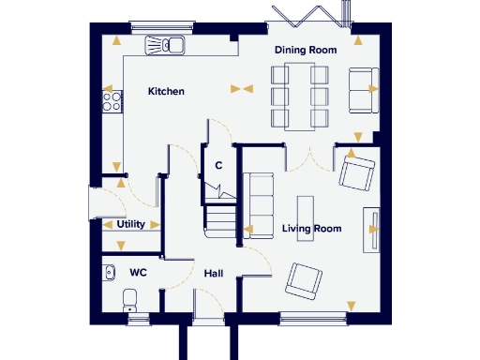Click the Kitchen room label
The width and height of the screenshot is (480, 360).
click(x=166, y=92)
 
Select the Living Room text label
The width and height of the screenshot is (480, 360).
click(x=311, y=229)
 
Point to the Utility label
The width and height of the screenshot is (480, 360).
click(x=129, y=225)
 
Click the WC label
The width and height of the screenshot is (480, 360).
click(x=138, y=273)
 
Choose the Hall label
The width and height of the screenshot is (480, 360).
click(x=213, y=274)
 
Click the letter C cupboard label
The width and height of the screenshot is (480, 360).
click(x=217, y=166)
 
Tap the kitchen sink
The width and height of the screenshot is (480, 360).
click(x=166, y=45)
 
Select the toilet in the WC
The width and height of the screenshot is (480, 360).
click(x=130, y=300)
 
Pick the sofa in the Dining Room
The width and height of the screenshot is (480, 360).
click(x=362, y=89)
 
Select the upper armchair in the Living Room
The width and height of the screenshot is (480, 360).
click(x=358, y=172)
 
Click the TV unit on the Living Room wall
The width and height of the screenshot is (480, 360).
click(x=373, y=227)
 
